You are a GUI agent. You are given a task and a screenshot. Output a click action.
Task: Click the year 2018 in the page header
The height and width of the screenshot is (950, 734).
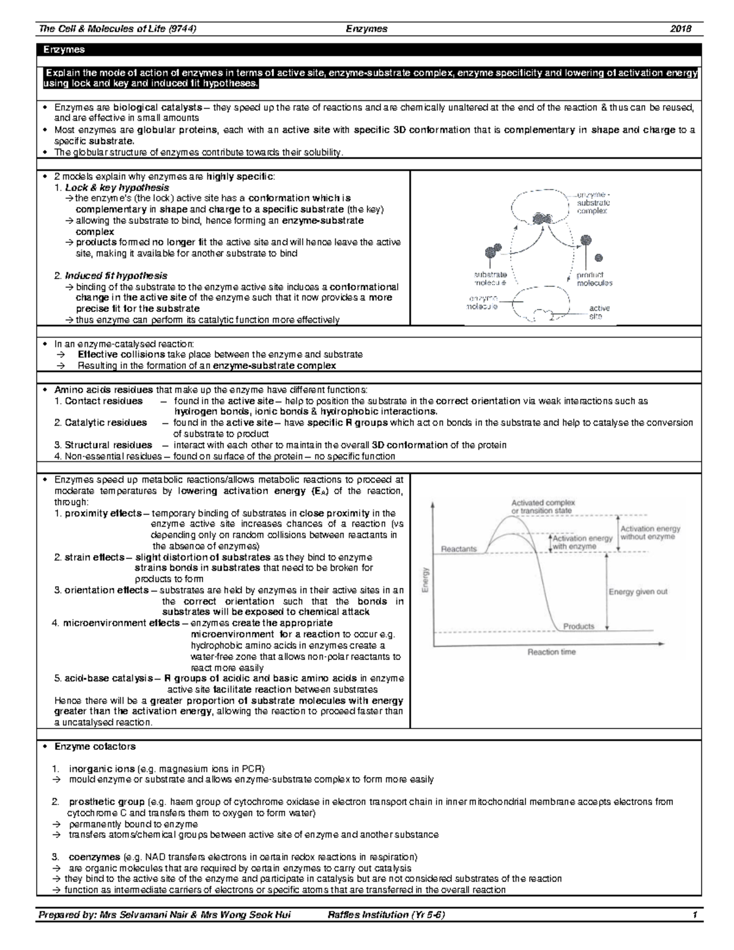pos(681,29)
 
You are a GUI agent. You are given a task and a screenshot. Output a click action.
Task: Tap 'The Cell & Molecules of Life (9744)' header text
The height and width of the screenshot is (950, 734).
pos(117,29)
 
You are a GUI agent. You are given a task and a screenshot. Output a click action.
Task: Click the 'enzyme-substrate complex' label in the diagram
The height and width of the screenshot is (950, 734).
pos(593,202)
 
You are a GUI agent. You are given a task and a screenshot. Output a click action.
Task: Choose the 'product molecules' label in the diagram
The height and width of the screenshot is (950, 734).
pos(594,279)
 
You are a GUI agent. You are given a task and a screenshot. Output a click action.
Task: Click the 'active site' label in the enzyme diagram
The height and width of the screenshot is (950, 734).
pos(599,312)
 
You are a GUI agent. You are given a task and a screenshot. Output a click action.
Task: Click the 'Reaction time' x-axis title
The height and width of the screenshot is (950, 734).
pos(551,652)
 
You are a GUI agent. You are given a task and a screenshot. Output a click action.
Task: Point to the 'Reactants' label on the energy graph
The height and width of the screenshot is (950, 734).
pos(459,549)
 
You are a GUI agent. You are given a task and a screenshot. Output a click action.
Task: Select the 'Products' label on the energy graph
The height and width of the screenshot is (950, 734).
pos(578,626)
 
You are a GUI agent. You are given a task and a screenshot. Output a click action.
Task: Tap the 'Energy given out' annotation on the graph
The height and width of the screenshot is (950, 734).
pos(638,592)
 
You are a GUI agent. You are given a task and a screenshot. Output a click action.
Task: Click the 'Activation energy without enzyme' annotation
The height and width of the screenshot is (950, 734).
pos(650,532)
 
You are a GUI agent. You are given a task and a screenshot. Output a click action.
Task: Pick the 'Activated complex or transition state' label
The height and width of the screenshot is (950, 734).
pos(543,507)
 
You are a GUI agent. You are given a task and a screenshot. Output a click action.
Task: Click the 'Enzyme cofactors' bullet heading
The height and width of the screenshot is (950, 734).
pos(95,746)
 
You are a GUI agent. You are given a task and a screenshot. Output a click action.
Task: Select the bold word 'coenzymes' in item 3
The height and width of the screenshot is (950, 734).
pos(94,856)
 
